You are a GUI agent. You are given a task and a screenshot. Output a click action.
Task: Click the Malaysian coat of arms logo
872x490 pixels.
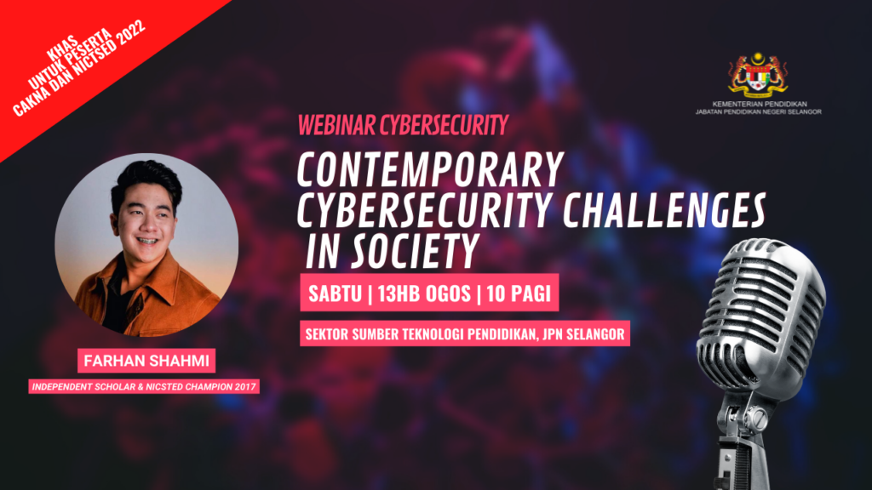[758, 75]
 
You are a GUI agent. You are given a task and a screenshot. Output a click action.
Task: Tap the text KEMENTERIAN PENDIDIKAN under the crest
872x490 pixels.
[759, 104]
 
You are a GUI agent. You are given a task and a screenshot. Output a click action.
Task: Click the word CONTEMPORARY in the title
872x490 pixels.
[430, 169]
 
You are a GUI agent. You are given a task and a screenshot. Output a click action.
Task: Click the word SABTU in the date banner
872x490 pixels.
[335, 293]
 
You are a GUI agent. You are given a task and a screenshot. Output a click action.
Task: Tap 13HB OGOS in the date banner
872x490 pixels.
[424, 293]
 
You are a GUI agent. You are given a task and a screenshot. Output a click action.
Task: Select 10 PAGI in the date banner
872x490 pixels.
[519, 293]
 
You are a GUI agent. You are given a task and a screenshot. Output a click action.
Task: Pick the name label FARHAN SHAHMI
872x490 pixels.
[146, 361]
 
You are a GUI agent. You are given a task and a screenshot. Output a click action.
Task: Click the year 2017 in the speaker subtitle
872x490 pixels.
[245, 387]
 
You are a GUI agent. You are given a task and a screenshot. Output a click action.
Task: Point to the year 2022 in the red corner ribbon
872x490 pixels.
[132, 35]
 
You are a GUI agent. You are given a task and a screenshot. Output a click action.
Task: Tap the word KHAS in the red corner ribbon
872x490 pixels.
[63, 48]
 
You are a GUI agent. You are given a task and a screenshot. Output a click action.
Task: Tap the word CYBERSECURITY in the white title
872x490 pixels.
[424, 210]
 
